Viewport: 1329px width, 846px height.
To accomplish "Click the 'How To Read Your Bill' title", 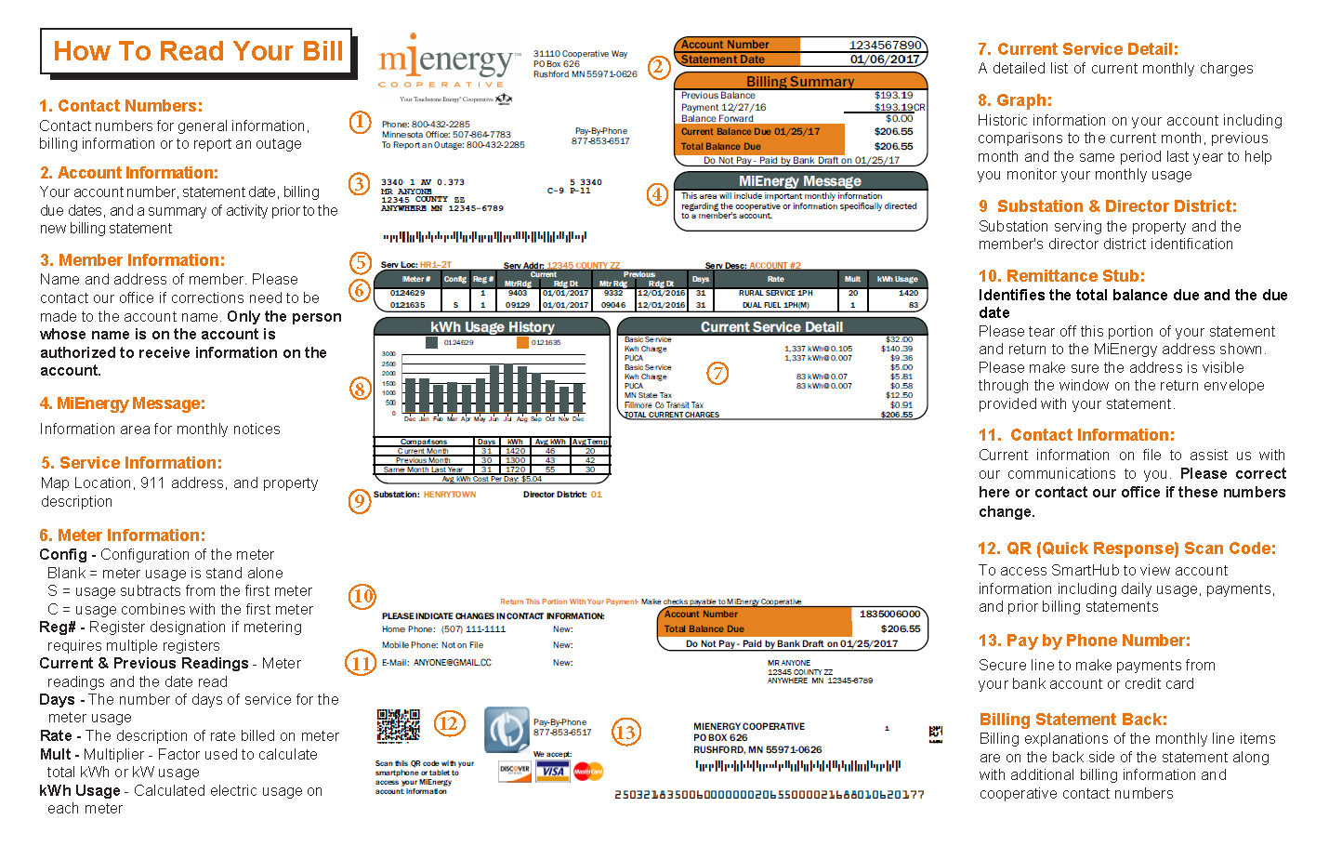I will [197, 51].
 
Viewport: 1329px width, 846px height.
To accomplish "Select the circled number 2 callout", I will [659, 67].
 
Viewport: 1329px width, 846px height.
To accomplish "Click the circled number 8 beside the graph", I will [361, 389].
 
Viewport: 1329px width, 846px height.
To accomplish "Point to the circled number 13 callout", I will [625, 733].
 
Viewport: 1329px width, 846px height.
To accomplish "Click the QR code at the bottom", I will [398, 726].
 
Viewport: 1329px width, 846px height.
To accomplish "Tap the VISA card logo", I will [553, 771].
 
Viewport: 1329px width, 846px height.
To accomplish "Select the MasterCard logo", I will [588, 771].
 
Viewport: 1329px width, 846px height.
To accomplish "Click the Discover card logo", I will [514, 771].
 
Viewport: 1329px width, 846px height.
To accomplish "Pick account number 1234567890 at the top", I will [885, 45].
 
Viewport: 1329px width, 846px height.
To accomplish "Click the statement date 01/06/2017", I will [885, 59].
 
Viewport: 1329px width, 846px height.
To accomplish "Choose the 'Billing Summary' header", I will [800, 82].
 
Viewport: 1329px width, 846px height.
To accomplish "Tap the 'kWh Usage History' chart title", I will [492, 327].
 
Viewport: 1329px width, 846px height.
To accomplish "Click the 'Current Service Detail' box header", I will [771, 327].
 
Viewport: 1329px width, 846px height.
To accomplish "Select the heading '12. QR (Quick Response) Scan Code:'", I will [1126, 549].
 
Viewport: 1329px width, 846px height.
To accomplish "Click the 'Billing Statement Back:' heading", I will [1072, 720].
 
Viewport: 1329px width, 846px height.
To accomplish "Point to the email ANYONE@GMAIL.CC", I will [452, 663].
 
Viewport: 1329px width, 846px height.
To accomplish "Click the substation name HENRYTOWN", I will [450, 495].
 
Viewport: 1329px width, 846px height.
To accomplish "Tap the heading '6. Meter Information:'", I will [122, 535].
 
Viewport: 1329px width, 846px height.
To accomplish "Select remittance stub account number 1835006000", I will [889, 615].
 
